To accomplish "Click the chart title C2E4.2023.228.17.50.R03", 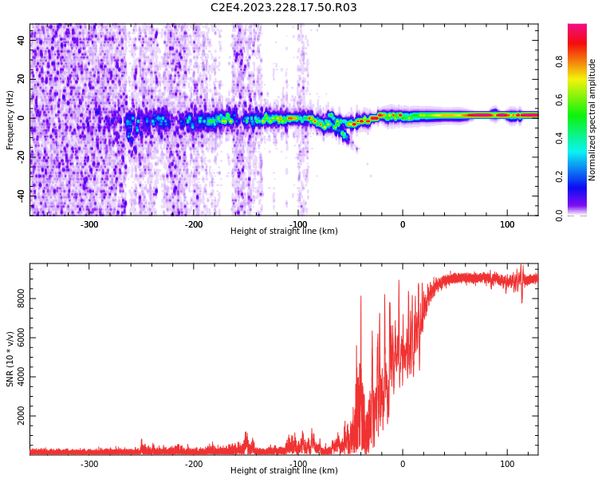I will click(x=284, y=8).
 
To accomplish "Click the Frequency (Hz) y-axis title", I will click(x=10, y=120).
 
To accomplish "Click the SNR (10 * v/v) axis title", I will click(x=10, y=358).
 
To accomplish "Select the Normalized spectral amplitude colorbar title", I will click(x=592, y=120).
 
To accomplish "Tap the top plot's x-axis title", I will click(x=284, y=232).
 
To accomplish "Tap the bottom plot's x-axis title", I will click(x=284, y=471).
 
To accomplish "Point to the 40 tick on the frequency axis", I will click(x=21, y=40).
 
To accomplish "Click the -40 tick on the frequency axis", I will click(x=21, y=195).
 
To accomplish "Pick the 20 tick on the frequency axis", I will click(x=21, y=78).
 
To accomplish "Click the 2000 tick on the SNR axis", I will click(x=21, y=417).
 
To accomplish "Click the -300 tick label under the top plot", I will click(x=89, y=224).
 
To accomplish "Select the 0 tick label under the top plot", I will click(x=403, y=224).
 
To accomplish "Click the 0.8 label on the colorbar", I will click(x=559, y=61).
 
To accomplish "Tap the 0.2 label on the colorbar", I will click(x=559, y=176).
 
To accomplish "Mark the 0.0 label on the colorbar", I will click(x=559, y=215).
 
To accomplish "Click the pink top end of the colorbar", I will click(x=577, y=28).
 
